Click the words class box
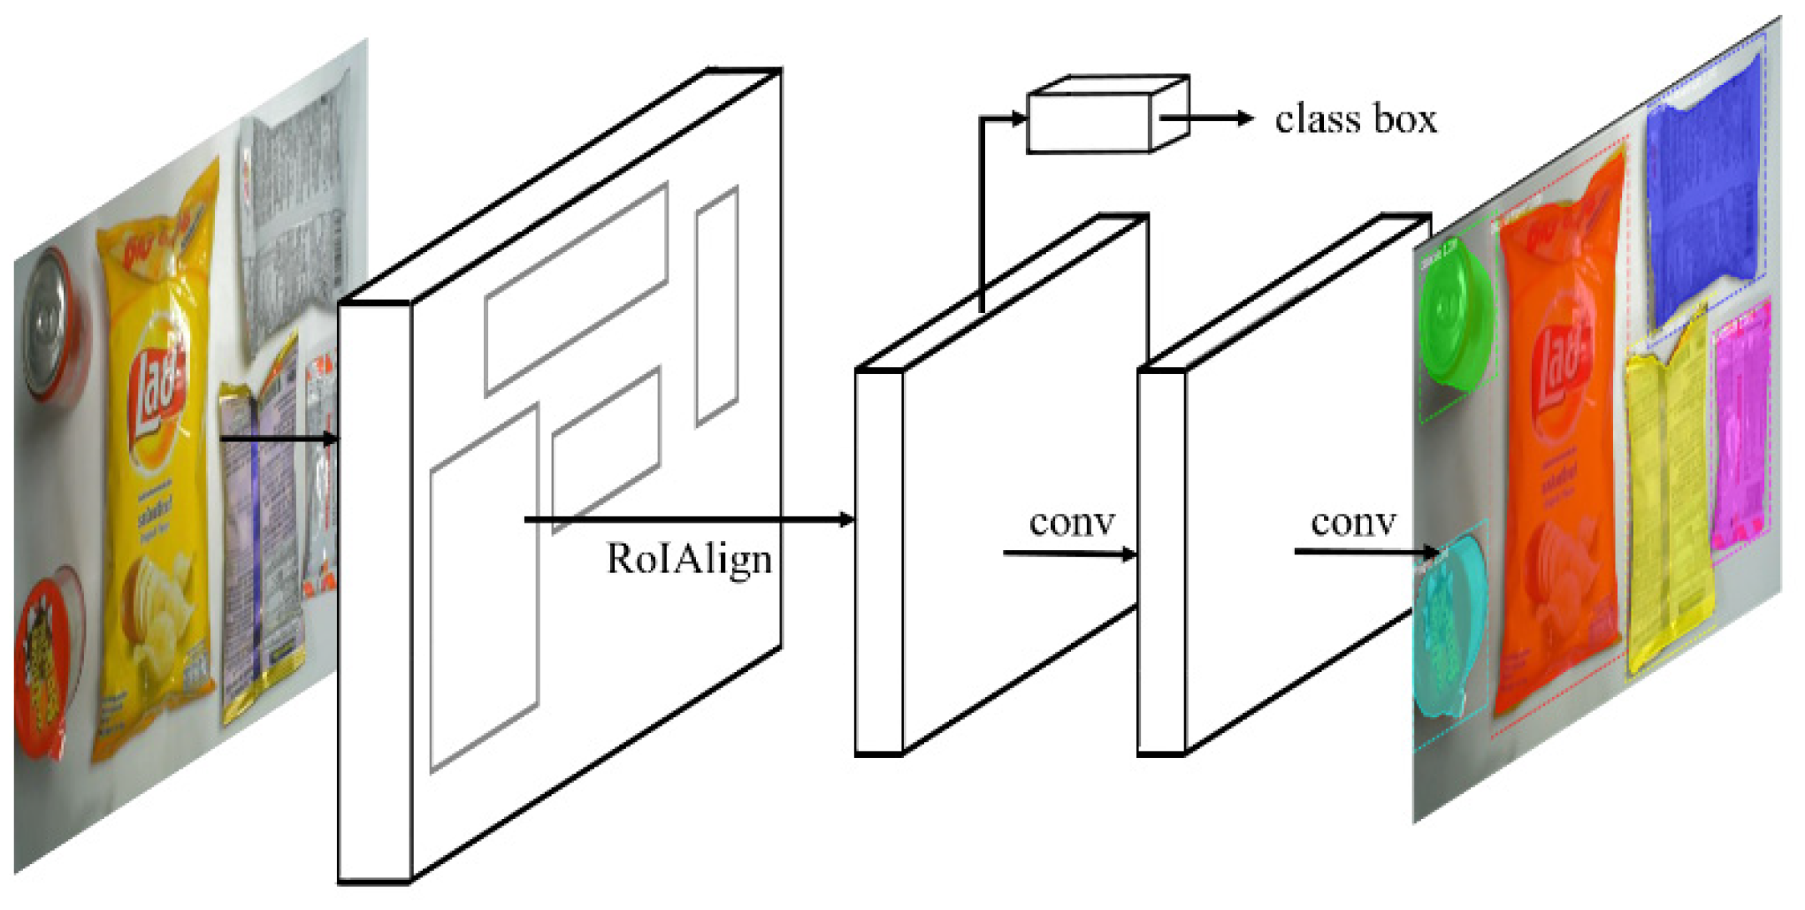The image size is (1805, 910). click(x=1356, y=119)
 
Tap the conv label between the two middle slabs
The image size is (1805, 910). click(x=1072, y=523)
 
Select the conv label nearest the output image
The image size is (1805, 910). click(x=1353, y=523)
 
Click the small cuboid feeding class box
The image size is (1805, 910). click(x=1106, y=116)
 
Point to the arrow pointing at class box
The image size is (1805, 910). click(x=1208, y=118)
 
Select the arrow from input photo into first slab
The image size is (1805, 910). click(x=279, y=438)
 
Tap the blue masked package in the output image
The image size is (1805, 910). click(x=1702, y=195)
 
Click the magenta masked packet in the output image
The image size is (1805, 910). click(x=1740, y=433)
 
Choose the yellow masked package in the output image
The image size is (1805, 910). click(x=1667, y=504)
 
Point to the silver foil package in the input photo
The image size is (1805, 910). click(x=292, y=221)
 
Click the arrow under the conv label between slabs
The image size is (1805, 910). click(x=1069, y=554)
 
